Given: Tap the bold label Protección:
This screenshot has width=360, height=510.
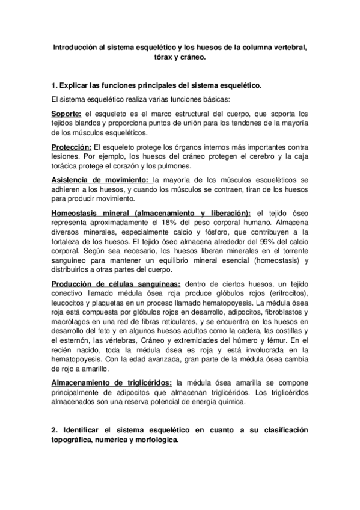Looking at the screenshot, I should click(72, 147).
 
